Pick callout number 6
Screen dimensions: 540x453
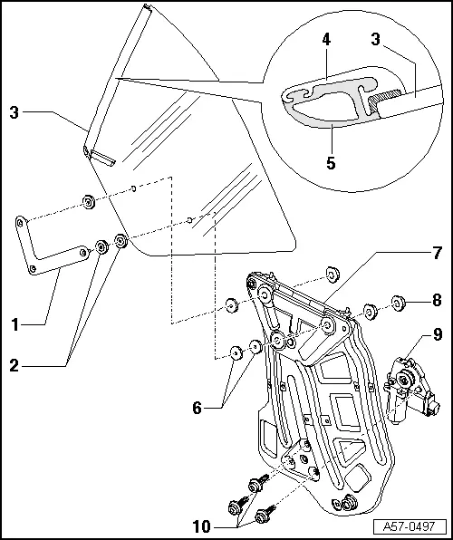tap(198, 408)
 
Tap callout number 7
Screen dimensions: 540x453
tap(437, 250)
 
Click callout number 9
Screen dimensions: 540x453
tap(437, 334)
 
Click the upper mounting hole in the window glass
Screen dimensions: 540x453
tap(134, 188)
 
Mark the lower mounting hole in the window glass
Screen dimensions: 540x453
tap(188, 219)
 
